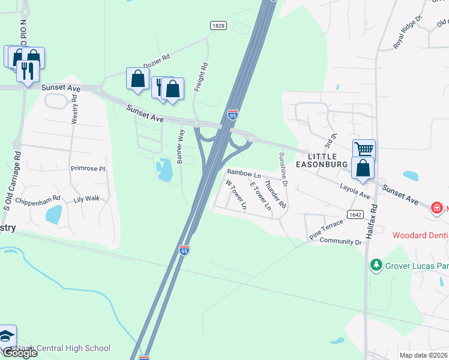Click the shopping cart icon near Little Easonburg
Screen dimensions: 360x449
(363, 149)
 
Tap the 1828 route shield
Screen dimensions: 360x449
(218, 25)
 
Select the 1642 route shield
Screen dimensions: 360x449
(354, 214)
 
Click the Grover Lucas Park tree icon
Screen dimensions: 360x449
(376, 264)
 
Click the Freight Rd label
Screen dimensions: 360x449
(200, 77)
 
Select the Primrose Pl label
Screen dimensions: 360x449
(88, 169)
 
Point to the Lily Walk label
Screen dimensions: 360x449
(86, 198)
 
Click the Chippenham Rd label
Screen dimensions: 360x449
(38, 199)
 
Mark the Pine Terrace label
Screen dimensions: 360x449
(326, 230)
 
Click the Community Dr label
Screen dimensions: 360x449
(341, 242)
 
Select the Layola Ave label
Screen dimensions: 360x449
(355, 191)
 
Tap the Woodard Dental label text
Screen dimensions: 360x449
(420, 235)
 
